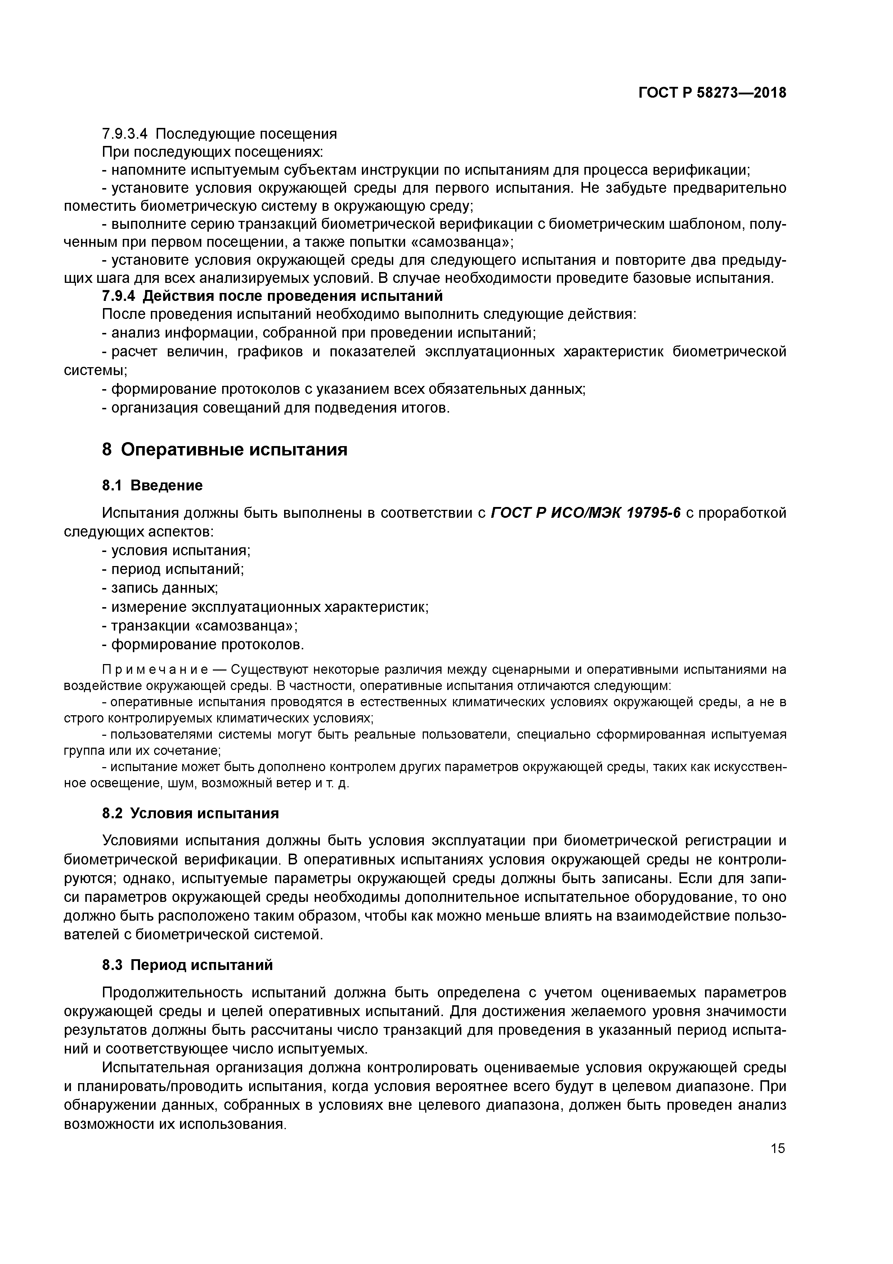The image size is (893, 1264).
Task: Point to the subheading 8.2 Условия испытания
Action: [x=190, y=813]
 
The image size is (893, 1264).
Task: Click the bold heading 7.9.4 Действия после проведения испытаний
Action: [x=272, y=296]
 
